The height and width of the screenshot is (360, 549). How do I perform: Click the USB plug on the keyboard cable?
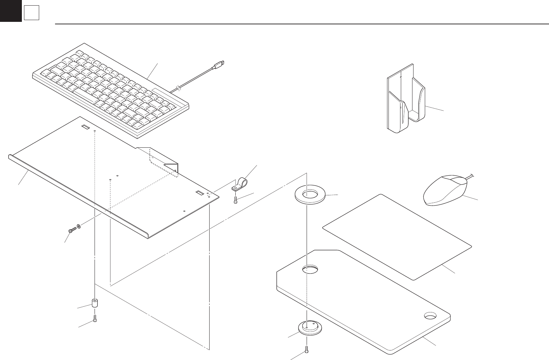point(219,64)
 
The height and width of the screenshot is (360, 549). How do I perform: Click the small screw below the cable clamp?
point(236,200)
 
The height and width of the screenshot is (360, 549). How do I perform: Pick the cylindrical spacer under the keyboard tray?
point(95,303)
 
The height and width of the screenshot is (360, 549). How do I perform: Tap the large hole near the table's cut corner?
point(310,270)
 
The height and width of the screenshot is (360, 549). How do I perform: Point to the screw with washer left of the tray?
point(73,230)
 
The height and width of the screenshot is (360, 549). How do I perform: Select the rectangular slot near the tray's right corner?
point(200,193)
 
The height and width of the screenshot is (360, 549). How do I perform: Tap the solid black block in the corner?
point(11,11)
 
